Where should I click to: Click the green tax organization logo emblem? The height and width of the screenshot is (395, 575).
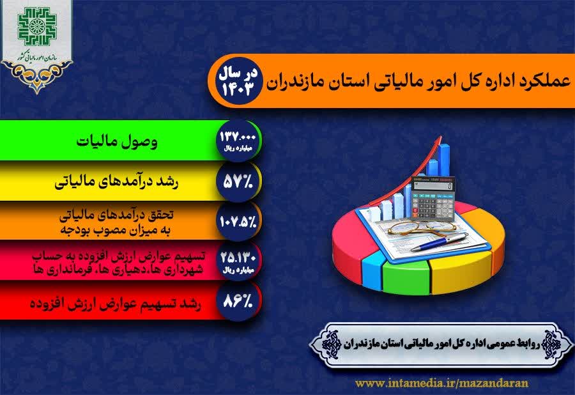(x=36, y=26)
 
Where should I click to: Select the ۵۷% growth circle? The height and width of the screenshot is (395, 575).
(x=238, y=181)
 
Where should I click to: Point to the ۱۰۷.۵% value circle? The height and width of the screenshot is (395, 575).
(x=238, y=221)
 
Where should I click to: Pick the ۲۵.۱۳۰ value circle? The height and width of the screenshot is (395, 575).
(x=238, y=261)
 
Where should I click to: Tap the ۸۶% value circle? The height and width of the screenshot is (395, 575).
(x=238, y=301)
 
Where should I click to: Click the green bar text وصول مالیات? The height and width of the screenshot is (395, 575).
(x=117, y=141)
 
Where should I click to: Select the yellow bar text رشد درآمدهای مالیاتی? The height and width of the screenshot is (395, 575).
(x=117, y=182)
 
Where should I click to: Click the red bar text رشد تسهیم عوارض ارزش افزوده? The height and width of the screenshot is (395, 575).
(x=116, y=304)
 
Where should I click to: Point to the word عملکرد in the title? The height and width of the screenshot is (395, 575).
(x=542, y=81)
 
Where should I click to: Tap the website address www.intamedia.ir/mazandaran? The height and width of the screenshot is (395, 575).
(x=442, y=383)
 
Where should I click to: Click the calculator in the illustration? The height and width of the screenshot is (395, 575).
(x=433, y=198)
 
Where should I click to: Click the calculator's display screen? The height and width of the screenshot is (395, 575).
(x=434, y=186)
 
